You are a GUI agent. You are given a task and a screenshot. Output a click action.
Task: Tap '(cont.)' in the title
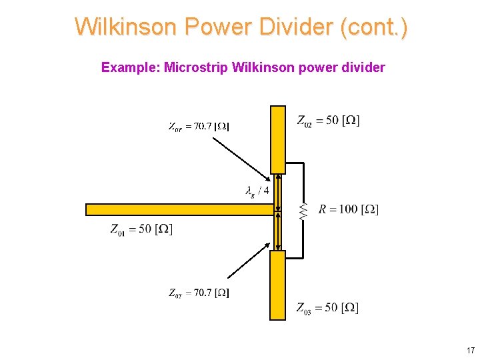[374, 27]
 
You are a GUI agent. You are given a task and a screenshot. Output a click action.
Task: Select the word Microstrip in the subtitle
[196, 67]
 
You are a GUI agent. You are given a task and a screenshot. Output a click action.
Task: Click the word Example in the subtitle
[130, 67]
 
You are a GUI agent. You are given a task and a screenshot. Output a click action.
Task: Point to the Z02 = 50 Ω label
[327, 121]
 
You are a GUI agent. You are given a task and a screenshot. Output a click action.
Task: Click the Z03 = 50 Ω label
[327, 307]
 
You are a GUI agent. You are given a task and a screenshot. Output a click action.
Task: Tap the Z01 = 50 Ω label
[141, 230]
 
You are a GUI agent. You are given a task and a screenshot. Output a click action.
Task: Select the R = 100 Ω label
[348, 210]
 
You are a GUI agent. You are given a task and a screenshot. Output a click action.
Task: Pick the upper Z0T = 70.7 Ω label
[199, 125]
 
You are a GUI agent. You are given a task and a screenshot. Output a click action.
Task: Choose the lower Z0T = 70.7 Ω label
[199, 293]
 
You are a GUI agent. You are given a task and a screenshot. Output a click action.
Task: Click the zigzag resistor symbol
[303, 211]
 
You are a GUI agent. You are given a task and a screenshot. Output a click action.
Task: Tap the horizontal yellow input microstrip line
[180, 209]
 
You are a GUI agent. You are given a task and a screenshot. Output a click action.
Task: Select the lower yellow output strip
[277, 285]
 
